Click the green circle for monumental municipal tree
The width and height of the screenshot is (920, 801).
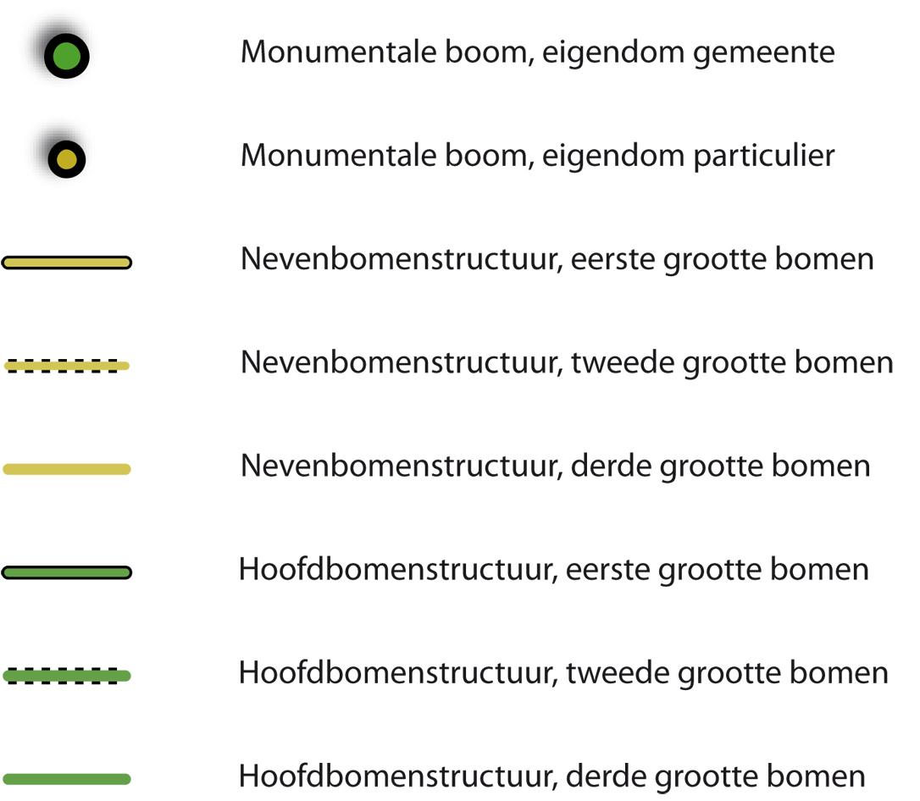[66, 56]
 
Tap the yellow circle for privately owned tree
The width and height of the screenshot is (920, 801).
[66, 159]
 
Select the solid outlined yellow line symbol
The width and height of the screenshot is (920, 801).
[66, 262]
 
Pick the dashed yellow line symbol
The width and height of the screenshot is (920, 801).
[66, 366]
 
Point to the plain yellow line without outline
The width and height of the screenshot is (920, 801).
[66, 469]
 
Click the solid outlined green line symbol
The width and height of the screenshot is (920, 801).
[66, 572]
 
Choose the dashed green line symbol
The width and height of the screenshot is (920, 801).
[66, 676]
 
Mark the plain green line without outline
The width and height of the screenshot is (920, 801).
[66, 779]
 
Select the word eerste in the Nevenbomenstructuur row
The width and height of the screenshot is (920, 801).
[612, 260]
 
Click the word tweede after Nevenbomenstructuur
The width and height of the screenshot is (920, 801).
[623, 362]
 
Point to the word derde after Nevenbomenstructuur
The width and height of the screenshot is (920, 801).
[611, 467]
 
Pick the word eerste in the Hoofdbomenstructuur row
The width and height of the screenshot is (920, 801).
[608, 570]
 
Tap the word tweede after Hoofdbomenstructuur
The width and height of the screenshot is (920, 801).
[618, 673]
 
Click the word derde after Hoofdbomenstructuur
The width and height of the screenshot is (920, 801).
[606, 777]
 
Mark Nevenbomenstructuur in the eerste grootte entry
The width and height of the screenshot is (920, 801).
[402, 259]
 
